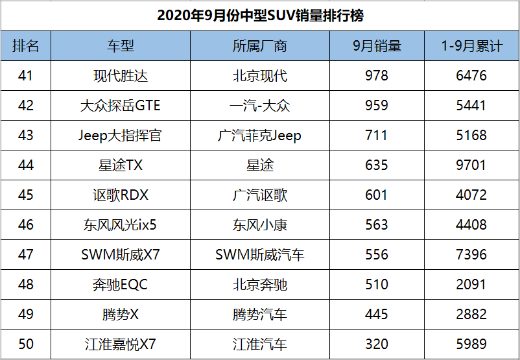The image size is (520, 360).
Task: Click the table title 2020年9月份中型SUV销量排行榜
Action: point(260,16)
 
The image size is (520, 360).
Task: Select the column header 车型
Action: point(121,46)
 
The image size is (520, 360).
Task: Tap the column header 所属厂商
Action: point(259,46)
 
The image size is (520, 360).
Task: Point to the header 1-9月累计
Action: point(471,46)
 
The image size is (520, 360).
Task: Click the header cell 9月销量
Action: point(377,46)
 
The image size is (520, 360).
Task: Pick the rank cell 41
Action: point(25,76)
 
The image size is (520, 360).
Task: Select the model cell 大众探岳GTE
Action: point(121,106)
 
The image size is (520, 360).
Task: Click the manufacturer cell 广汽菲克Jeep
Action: point(259,136)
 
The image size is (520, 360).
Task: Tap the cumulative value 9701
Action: point(471,165)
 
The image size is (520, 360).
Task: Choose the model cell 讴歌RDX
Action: point(121,195)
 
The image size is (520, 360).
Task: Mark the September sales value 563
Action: point(377,224)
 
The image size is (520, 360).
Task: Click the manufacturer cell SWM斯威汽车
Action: point(259,255)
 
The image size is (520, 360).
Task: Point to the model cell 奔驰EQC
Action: point(121,285)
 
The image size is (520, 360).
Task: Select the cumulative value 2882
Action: point(471,314)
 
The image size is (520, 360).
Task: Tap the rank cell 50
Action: point(25,344)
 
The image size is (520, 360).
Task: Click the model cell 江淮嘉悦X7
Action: point(121,344)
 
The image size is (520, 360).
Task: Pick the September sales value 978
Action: point(377,76)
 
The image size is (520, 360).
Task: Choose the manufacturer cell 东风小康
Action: point(259,225)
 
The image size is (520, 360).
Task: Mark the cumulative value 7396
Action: point(471,254)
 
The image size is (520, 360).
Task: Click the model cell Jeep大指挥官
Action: point(120,136)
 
